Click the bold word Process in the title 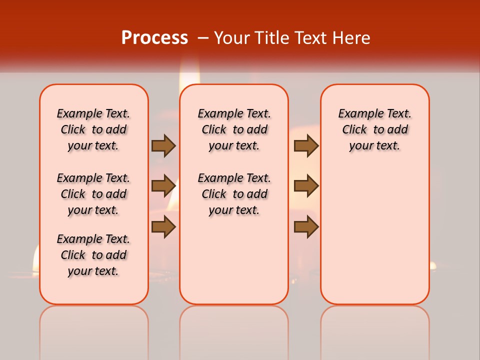pos(154,37)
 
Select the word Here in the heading pos(351,38)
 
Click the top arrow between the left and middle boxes pos(163,145)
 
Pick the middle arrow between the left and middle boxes pos(163,186)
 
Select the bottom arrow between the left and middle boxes pos(163,227)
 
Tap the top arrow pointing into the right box pos(306,145)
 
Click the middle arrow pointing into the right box pos(306,186)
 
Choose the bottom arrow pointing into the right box pos(306,227)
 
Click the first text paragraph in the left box pos(93,129)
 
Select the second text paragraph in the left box pos(93,194)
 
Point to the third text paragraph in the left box pos(93,255)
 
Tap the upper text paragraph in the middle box pos(234,129)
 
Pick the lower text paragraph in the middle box pos(234,194)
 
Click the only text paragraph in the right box pos(374,129)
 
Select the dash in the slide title pos(203,38)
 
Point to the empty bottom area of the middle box pos(234,265)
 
